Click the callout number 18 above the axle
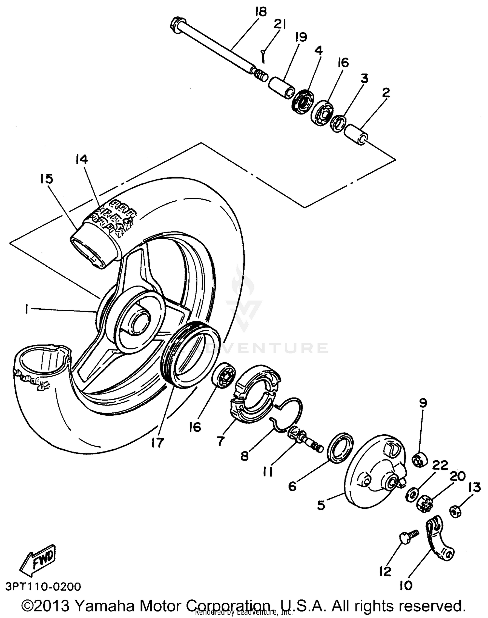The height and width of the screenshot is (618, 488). [x=261, y=12]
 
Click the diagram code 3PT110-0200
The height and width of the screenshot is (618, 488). [x=43, y=586]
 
